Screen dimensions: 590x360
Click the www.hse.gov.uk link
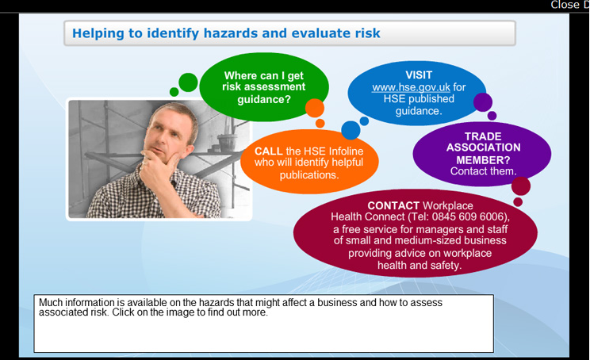[411, 87]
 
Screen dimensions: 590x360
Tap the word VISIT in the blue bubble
[419, 75]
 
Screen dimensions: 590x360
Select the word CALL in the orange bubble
[269, 151]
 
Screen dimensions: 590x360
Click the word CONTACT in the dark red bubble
[393, 205]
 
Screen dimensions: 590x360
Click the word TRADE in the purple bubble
[483, 136]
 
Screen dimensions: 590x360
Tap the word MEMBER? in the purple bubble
[483, 160]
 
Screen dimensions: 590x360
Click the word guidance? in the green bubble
[264, 100]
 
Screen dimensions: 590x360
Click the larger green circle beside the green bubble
[188, 82]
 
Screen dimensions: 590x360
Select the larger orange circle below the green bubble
[315, 109]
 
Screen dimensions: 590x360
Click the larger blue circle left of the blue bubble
[351, 130]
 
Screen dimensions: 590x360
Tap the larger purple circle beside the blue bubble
[483, 102]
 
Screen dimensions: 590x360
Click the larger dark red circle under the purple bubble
[521, 186]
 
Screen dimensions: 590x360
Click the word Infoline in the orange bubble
[347, 151]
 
